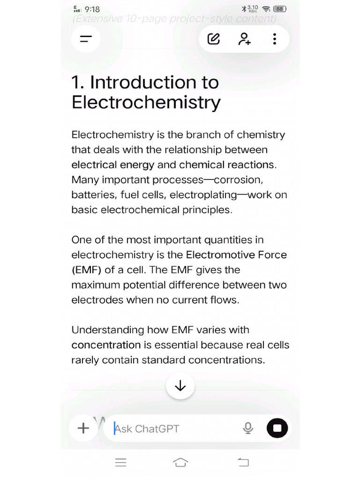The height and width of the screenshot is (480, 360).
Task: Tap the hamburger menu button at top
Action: click(x=85, y=39)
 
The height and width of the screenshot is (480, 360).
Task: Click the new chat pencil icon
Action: click(x=213, y=39)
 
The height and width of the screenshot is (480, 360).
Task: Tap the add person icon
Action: click(x=244, y=39)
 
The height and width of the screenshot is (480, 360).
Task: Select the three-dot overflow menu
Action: click(x=275, y=39)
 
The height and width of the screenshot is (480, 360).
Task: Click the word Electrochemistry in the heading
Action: click(x=146, y=102)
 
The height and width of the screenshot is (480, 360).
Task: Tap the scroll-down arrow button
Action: click(x=180, y=386)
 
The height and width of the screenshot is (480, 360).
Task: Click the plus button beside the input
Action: click(x=83, y=428)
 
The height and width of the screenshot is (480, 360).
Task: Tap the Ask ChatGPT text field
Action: click(x=173, y=428)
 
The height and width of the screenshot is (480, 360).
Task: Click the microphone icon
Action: click(x=248, y=428)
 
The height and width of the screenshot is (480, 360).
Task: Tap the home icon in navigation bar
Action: click(x=180, y=463)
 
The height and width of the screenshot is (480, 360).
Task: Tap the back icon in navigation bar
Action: click(x=243, y=463)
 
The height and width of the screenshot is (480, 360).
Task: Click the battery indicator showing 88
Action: click(x=280, y=9)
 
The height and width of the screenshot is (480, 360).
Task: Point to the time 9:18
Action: click(x=92, y=9)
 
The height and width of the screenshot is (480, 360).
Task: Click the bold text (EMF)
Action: click(x=86, y=270)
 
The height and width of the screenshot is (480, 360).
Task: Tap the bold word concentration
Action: click(x=106, y=345)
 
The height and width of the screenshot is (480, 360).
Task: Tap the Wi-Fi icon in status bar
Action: click(x=266, y=9)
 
